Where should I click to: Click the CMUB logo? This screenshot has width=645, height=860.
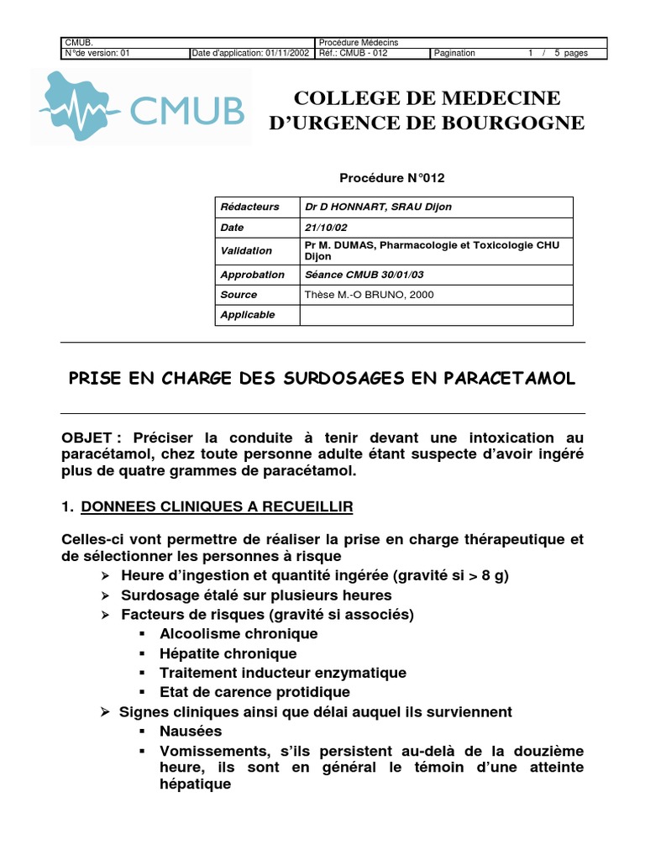coord(141,107)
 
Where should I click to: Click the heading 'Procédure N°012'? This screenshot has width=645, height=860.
coord(391,178)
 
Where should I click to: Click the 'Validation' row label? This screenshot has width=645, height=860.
coord(246,250)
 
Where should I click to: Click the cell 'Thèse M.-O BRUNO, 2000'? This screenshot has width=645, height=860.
coord(369,295)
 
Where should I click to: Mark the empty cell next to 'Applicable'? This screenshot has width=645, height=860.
coord(436,315)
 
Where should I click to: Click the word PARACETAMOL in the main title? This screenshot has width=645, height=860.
coord(507,379)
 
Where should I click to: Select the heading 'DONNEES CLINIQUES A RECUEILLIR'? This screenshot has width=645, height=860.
coord(217,506)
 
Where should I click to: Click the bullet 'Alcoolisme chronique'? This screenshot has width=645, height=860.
coord(239,634)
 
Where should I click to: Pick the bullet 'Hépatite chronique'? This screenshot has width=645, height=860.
coord(228,653)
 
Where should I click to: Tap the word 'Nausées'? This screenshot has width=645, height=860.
coord(191,732)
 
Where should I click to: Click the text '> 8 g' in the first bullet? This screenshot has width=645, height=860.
coord(489,575)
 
